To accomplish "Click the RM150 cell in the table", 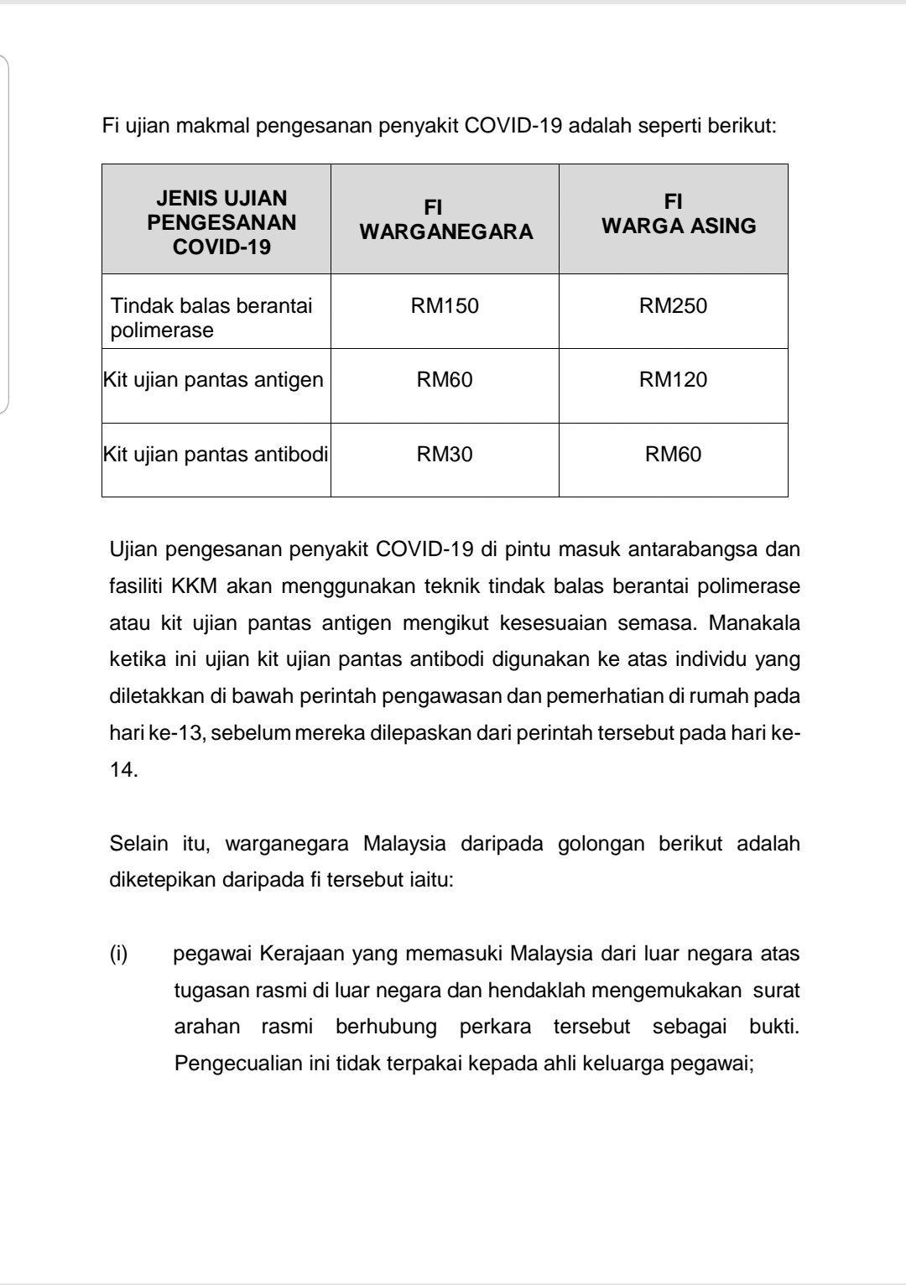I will [445, 305].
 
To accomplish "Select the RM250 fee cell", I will [673, 305].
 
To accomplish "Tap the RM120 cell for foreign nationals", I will [673, 380].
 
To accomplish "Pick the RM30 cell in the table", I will [445, 455].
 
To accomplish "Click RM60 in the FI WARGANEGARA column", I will [445, 380].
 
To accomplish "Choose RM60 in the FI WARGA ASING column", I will [673, 455].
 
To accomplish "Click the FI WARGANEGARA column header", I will [445, 220].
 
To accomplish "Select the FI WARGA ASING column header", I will [678, 214].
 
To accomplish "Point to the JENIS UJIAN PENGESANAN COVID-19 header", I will [221, 222].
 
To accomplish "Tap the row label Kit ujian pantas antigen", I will [213, 380].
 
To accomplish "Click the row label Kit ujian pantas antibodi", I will [216, 455].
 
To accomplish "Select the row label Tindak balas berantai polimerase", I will [211, 317].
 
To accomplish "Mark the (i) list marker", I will [118, 955].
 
